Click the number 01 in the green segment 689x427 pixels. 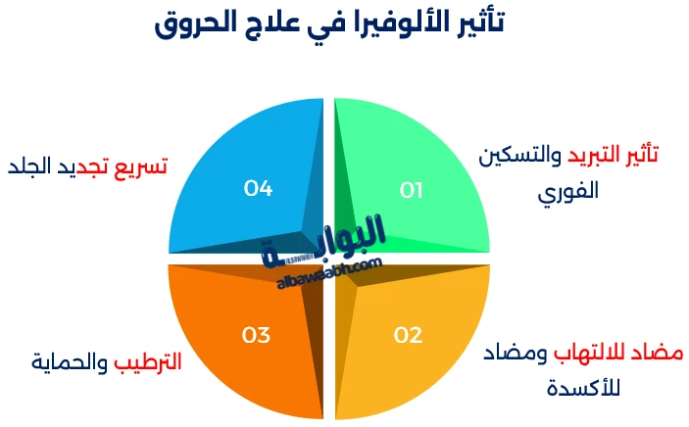pos(411,190)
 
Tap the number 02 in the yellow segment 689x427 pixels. pos(408,335)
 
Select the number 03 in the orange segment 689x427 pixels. pos(256,335)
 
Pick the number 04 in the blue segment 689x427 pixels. pos(258,188)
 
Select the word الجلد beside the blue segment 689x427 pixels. pos(34,166)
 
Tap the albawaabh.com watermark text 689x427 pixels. pos(329,271)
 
